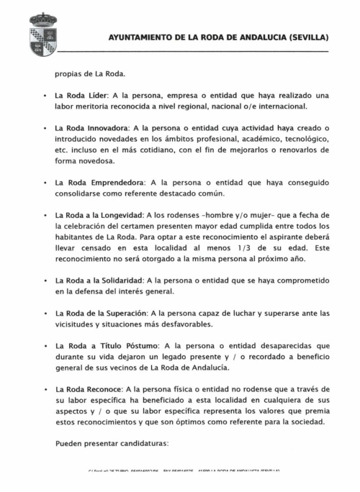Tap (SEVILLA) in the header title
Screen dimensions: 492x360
tap(307, 37)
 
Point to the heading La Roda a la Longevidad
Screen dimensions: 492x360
tap(99, 215)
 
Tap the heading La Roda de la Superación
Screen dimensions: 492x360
tap(101, 314)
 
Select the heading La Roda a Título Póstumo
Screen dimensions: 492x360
tap(101, 346)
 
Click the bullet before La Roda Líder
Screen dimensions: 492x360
tap(45, 96)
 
